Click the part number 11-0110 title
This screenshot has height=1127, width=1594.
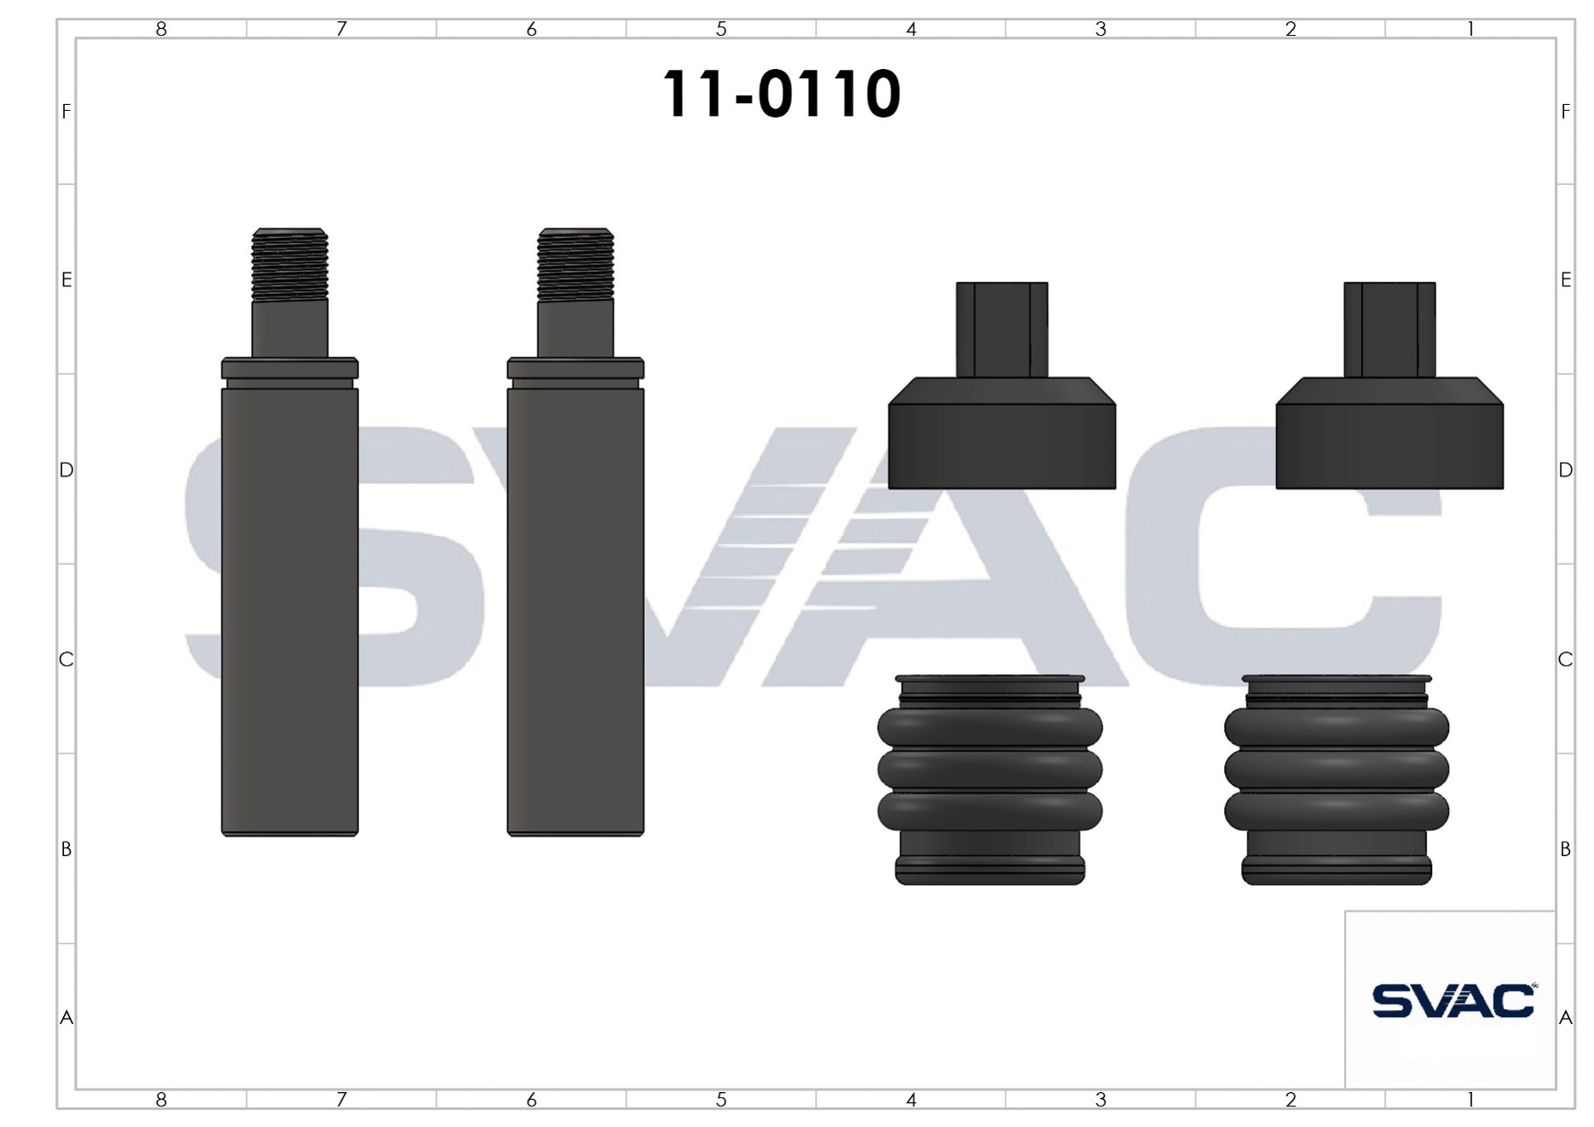[x=781, y=94]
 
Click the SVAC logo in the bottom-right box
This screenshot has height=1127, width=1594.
[x=1454, y=1001]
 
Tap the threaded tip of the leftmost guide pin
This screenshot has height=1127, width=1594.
[x=290, y=264]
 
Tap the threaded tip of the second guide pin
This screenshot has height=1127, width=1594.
[x=575, y=264]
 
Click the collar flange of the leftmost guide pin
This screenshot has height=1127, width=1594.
[x=290, y=368]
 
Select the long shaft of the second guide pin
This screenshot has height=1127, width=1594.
[x=575, y=611]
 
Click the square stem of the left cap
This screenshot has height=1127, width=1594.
[x=1002, y=330]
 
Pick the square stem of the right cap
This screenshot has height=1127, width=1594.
[x=1389, y=330]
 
